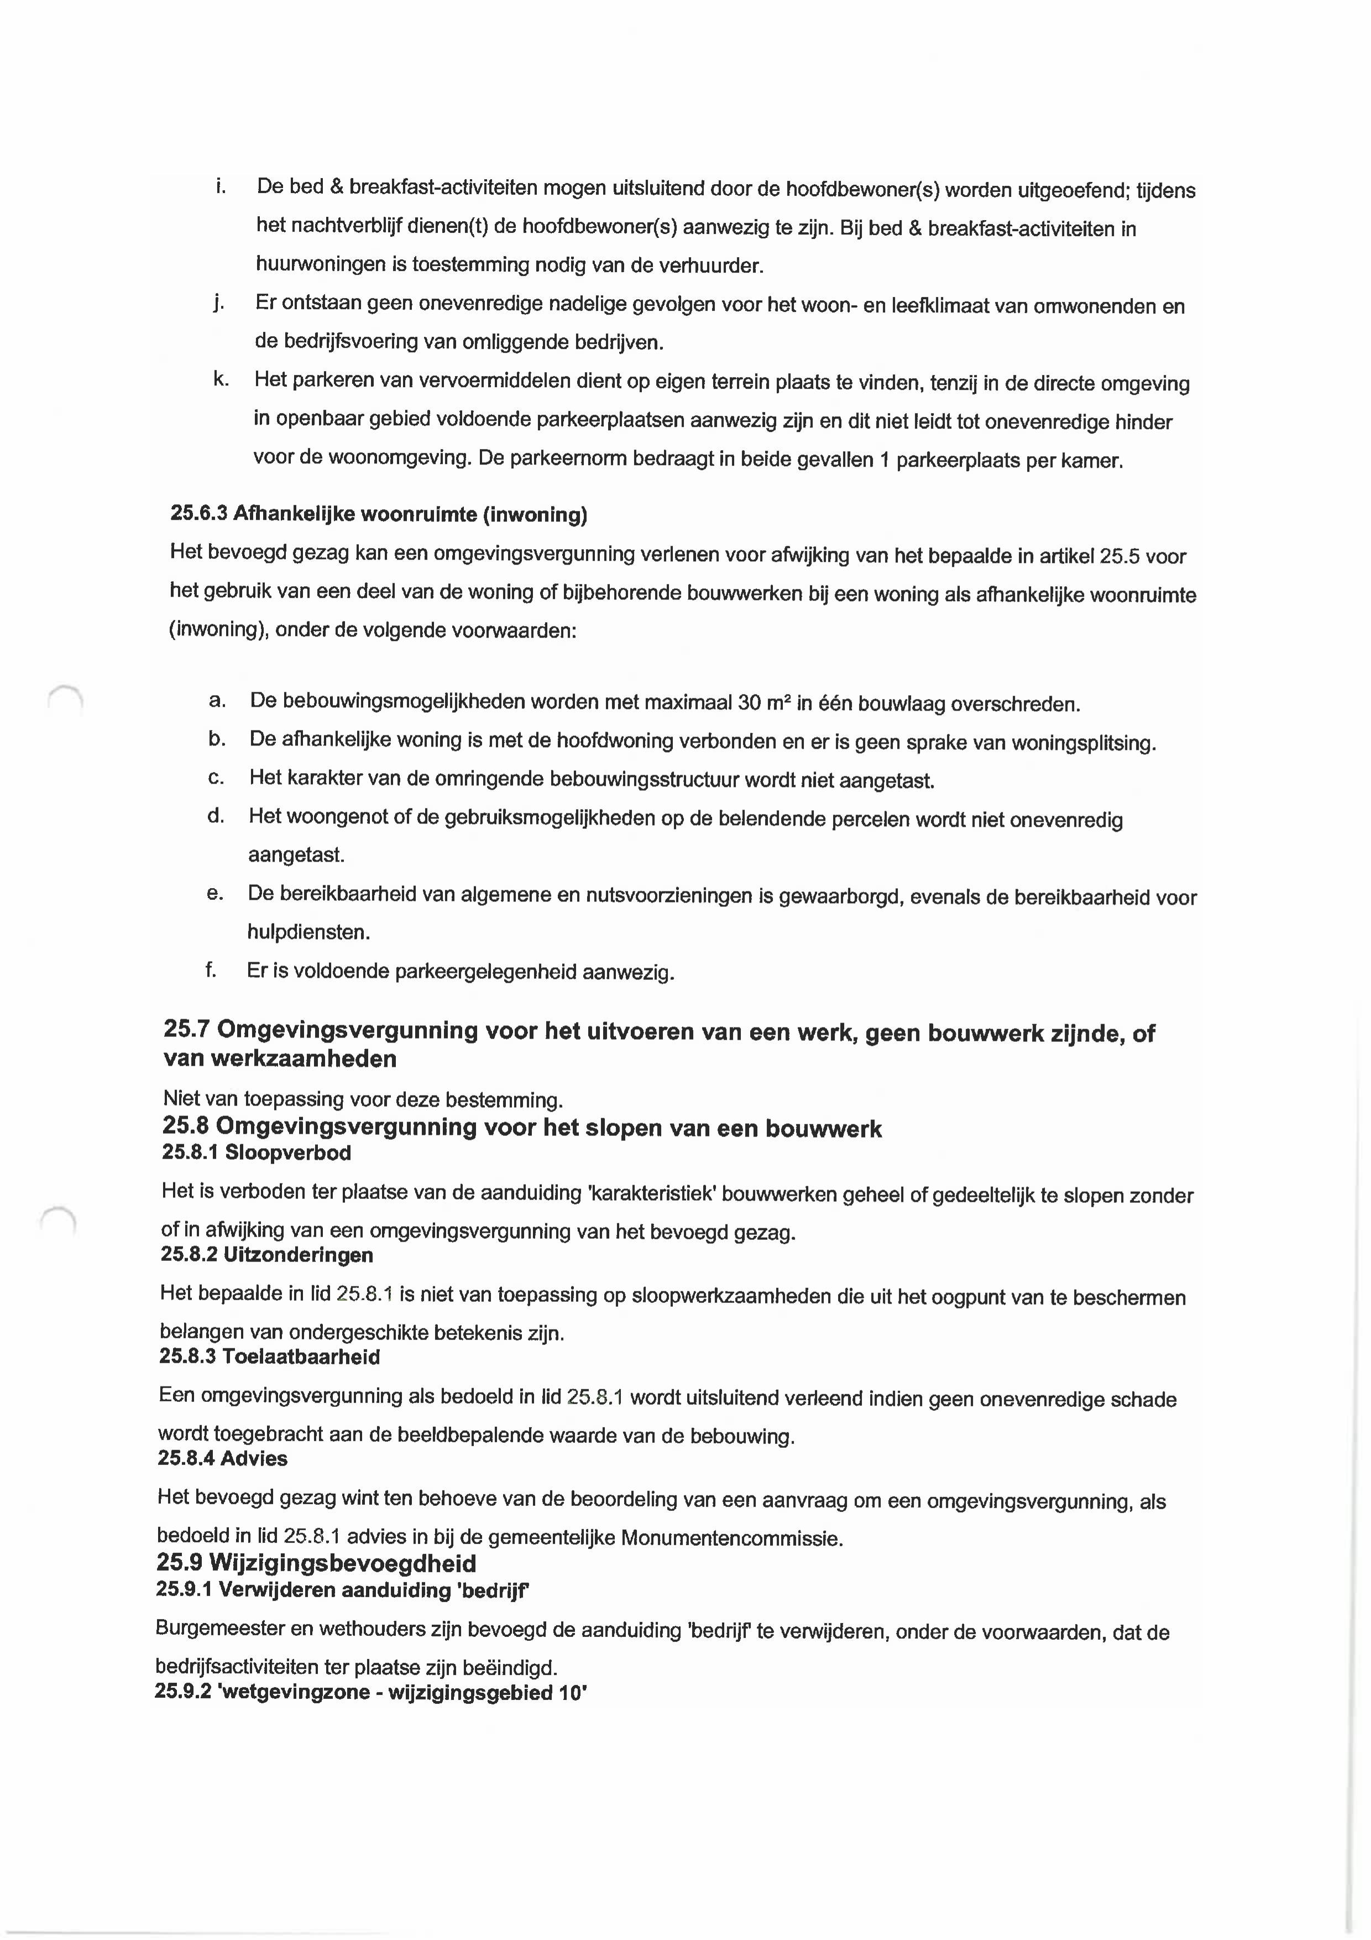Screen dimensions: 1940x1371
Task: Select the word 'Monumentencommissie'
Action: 731,1538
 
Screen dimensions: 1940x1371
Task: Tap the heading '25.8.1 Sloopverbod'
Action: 256,1152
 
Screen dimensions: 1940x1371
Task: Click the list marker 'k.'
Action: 221,379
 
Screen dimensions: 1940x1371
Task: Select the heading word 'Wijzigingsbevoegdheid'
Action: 342,1563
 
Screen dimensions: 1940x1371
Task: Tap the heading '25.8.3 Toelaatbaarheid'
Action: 269,1357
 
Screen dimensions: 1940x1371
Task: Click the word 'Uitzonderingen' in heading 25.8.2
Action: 297,1255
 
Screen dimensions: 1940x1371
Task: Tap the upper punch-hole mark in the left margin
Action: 65,700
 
